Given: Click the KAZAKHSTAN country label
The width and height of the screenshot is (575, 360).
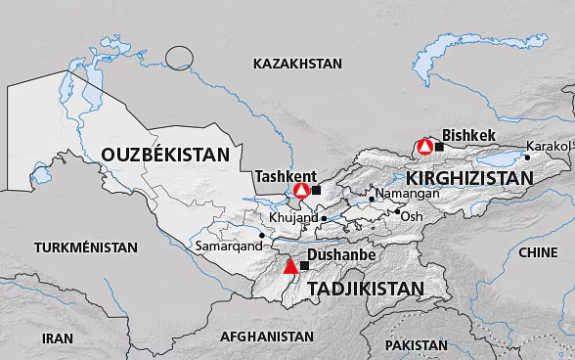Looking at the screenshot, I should pos(297,64).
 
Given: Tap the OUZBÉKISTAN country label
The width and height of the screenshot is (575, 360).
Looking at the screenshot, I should pos(170,155).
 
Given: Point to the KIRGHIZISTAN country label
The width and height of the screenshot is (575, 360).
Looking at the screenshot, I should pos(468,178).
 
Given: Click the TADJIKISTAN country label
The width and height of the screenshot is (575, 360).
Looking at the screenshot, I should pos(366,289).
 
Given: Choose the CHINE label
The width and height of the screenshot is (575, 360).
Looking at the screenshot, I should pos(537,252).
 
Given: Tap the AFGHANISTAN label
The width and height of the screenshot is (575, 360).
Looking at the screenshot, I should pos(267,336).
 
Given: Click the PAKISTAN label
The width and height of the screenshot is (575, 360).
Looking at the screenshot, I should pos(416,345).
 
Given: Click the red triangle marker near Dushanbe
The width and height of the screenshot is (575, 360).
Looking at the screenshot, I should pos(289,266).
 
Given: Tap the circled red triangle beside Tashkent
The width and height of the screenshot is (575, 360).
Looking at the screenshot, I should pos(301,190).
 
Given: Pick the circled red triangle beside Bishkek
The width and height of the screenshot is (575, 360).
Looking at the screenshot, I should pos(424,147).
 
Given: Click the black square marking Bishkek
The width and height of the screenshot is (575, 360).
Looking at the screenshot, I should pos(439,147).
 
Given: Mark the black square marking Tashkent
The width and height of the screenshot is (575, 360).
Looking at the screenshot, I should pos(316,190).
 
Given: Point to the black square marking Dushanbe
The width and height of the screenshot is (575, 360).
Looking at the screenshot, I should pos(304,266).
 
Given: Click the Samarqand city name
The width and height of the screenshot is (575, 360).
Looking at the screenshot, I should pos(229,247).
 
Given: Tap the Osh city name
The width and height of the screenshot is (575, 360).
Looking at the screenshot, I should pos(413,216).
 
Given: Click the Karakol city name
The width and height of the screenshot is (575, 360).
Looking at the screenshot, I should pos(547,146).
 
